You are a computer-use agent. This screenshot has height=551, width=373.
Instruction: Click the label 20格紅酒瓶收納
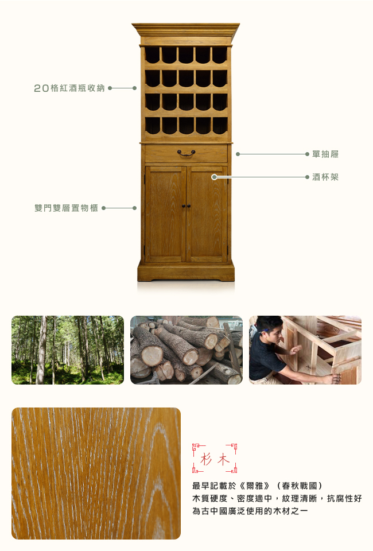(x=69, y=88)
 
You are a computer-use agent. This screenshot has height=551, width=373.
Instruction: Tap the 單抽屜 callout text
(x=325, y=154)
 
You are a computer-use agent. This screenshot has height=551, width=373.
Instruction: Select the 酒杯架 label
(x=325, y=177)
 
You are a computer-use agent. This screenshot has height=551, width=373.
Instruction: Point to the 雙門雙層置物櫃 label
(x=67, y=208)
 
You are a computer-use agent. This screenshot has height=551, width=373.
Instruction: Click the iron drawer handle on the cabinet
(x=186, y=153)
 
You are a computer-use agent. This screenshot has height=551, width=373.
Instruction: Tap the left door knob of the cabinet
(x=183, y=205)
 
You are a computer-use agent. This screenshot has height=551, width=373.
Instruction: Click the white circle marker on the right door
(x=214, y=177)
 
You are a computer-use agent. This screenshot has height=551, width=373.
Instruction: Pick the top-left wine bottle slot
(x=153, y=55)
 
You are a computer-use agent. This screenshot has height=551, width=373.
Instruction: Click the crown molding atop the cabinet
(x=186, y=30)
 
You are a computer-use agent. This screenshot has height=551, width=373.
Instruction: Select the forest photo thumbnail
(x=68, y=350)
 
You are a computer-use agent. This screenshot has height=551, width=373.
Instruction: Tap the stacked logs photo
(x=187, y=350)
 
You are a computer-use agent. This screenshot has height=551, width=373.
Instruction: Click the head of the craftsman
(x=269, y=329)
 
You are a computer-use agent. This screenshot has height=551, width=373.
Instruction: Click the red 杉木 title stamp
(x=215, y=458)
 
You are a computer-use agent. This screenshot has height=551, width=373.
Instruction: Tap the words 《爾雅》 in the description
(x=255, y=486)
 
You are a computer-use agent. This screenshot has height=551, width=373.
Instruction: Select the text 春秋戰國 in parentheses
(x=300, y=486)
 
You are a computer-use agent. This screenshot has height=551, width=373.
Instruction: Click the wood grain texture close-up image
(x=96, y=474)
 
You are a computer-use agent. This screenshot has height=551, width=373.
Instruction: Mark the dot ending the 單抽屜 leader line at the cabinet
(x=238, y=154)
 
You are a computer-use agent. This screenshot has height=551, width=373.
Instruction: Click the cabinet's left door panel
(x=165, y=214)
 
